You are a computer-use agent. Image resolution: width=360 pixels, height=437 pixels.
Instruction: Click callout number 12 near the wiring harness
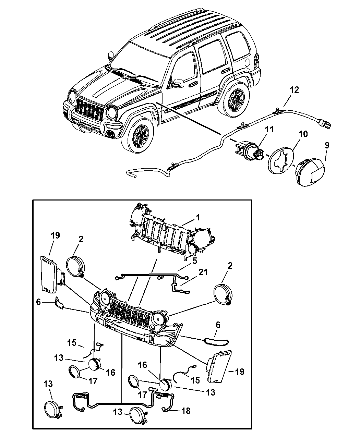[x=294, y=90]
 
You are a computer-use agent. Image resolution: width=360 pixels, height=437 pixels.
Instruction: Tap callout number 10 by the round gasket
[x=303, y=134]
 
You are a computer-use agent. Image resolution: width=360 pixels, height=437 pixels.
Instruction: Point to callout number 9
[x=327, y=145]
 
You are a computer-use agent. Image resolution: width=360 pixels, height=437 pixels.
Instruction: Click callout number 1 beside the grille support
[x=198, y=218]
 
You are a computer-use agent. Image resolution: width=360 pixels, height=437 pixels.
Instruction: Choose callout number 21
[x=203, y=272]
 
